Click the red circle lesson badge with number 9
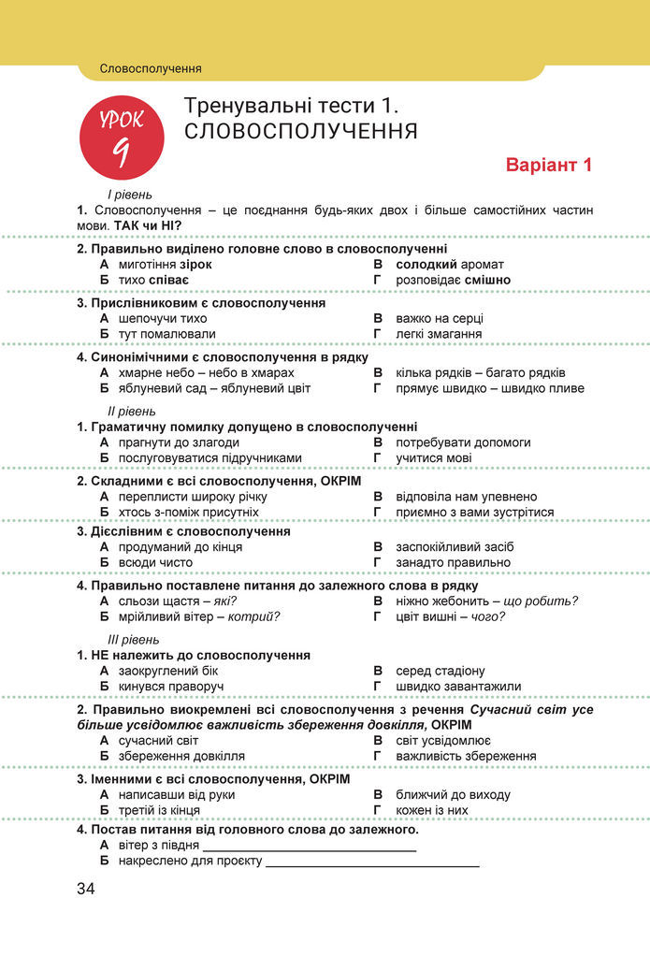point(121,137)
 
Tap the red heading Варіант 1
point(549,166)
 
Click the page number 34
point(86,888)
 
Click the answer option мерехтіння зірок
point(165,265)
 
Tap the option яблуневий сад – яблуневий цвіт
point(214,387)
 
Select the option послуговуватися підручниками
point(210,457)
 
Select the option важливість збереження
point(466,756)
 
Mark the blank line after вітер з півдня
point(309,847)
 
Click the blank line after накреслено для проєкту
point(372,862)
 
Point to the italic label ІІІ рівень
point(133,639)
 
